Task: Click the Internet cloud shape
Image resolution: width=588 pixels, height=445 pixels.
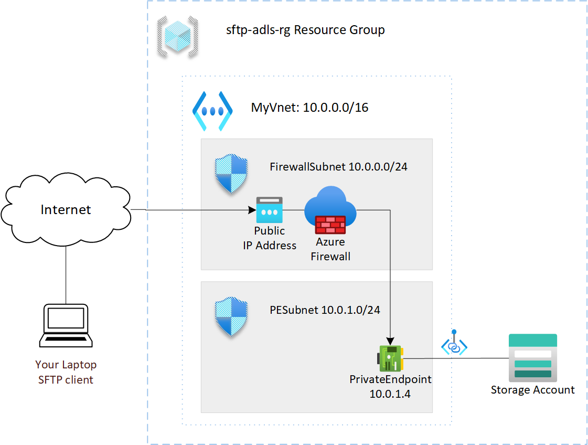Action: [66, 210]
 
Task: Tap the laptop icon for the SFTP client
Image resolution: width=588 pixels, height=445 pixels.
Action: [66, 325]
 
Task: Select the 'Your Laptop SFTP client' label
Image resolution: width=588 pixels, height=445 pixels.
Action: [66, 372]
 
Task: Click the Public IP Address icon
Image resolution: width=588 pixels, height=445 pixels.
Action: [269, 210]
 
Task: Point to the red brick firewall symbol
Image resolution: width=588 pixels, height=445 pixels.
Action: [330, 225]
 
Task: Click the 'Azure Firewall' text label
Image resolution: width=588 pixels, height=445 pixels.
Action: [330, 249]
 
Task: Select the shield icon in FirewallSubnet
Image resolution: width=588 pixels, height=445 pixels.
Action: [231, 174]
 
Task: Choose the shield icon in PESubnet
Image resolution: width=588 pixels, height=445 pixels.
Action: [231, 317]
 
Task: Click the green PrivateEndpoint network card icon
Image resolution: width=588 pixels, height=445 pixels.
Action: [390, 359]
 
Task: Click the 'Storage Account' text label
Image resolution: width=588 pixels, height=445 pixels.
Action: [532, 390]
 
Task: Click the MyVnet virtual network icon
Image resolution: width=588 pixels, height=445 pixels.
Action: [212, 111]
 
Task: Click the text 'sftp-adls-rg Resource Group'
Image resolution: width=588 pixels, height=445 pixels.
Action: [305, 30]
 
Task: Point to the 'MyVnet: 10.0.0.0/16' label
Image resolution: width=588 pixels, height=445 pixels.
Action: [309, 108]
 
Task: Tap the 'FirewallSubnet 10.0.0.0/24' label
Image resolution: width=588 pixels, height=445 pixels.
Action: [338, 167]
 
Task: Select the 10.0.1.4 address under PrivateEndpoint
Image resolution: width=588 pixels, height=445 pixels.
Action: [390, 393]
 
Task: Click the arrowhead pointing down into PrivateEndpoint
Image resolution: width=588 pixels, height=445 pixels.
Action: [390, 339]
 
